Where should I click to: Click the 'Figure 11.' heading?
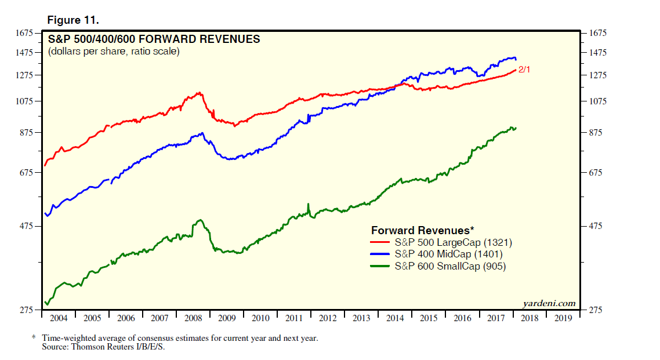coord(73,20)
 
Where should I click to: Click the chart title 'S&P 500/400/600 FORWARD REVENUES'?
coord(154,39)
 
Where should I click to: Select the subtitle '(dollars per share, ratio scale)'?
coord(114,52)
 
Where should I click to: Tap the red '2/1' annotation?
coord(524,70)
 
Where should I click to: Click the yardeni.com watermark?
coord(549,303)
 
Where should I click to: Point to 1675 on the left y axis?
coord(26,34)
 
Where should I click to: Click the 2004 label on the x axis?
coord(59,318)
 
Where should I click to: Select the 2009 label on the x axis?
coord(227,318)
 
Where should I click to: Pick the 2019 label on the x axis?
coord(563,318)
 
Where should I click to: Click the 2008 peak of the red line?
coord(200,92)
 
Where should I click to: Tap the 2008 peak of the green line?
coord(200,220)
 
